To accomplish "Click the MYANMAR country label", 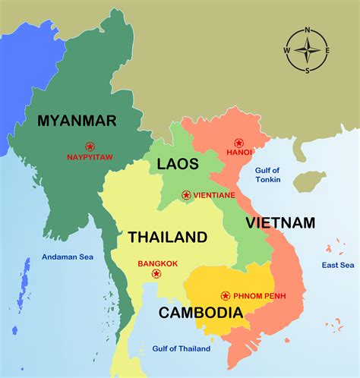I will click(x=77, y=120).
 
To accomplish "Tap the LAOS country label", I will click(x=178, y=163).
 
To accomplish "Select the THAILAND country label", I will click(x=167, y=237).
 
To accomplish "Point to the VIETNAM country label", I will click(x=279, y=222).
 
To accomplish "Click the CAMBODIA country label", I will click(x=196, y=311).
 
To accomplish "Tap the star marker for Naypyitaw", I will click(x=90, y=146).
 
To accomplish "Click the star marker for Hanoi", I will click(x=238, y=143).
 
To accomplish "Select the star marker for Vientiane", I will click(x=186, y=195).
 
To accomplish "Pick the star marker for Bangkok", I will click(x=156, y=273).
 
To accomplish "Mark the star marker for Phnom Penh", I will click(x=225, y=295).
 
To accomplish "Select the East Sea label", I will click(x=337, y=265).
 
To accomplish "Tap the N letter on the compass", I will click(x=307, y=30).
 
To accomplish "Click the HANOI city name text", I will click(x=238, y=152).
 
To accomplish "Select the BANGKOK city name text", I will click(x=158, y=263).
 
